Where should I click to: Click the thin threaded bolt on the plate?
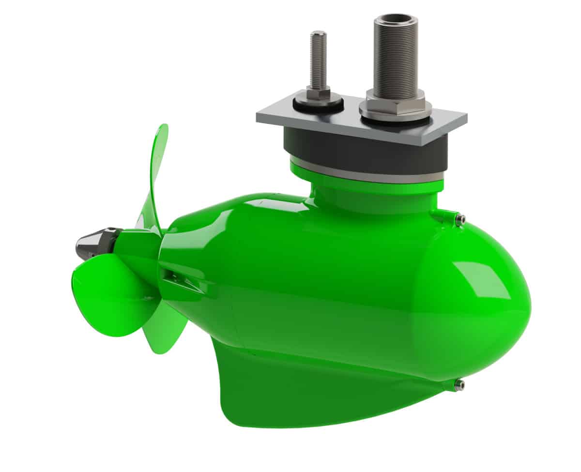coord(318,58)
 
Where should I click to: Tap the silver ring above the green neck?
coord(368,173)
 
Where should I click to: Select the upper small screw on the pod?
coord(460,219)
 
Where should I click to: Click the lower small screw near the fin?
coord(459,385)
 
